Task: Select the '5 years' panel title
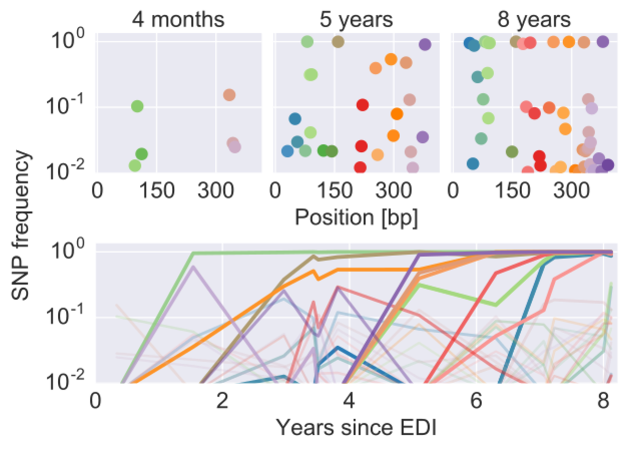tap(357, 19)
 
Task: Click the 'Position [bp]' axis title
tap(357, 217)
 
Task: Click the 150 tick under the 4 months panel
tap(156, 190)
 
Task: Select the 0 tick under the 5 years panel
tap(274, 190)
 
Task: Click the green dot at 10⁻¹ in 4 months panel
tap(137, 106)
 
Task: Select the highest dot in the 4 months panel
tap(229, 95)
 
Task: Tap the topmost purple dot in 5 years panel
tap(425, 45)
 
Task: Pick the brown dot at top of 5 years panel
tap(338, 42)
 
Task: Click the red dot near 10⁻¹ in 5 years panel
tap(362, 105)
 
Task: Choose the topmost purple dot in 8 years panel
tap(603, 42)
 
